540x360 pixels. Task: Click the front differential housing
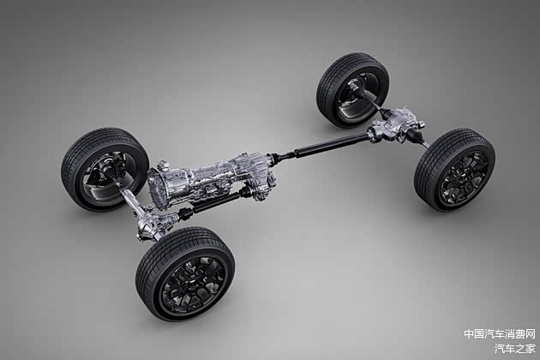155,223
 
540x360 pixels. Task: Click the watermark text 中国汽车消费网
500,333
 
